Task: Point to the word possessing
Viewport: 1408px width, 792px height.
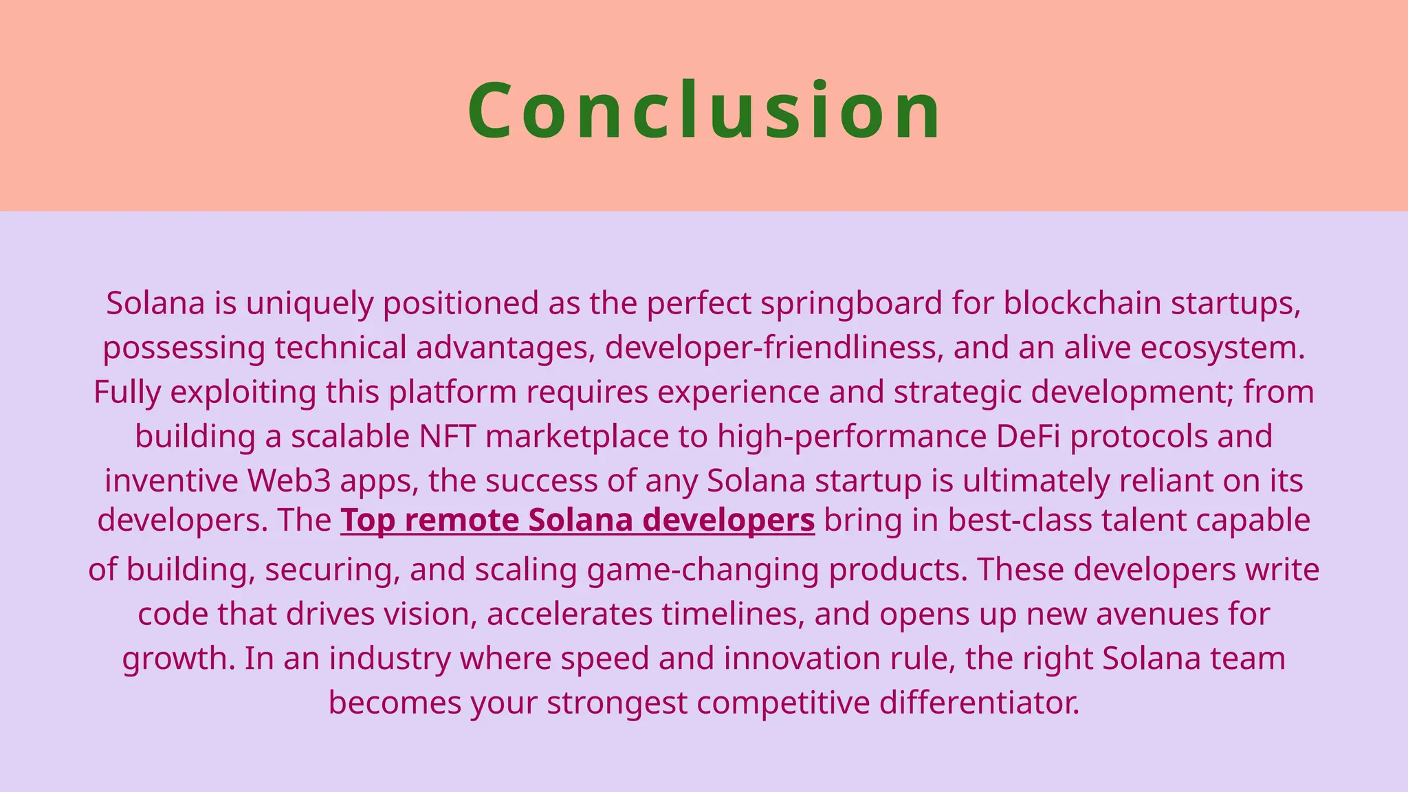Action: click(184, 348)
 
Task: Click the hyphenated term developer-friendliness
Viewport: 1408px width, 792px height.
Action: click(773, 348)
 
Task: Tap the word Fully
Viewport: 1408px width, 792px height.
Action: click(127, 393)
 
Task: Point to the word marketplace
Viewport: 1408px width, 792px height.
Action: click(577, 437)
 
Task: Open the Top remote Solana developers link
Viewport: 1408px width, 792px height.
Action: click(577, 520)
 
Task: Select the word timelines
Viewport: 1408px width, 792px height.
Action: click(733, 614)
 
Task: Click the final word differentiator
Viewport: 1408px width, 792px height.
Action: click(980, 703)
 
